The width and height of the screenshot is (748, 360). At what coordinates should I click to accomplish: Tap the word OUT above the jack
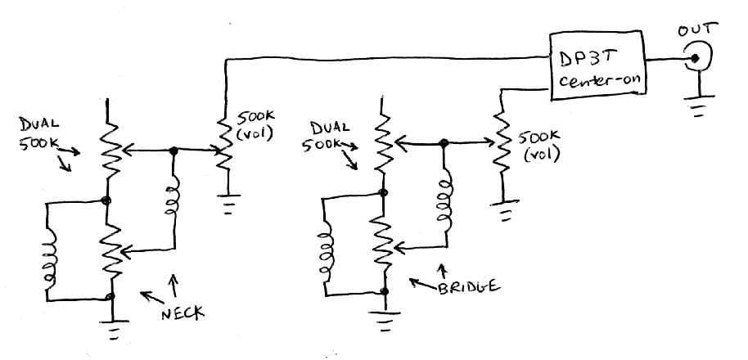coord(697,29)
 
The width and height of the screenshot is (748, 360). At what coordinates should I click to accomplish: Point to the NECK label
coord(182,313)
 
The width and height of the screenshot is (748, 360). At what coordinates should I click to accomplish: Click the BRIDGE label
coord(468,286)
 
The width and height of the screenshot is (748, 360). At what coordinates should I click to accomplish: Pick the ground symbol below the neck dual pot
coord(114,329)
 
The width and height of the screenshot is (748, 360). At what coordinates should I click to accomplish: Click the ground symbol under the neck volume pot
coord(228,203)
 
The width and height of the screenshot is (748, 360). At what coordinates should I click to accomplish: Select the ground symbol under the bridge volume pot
coord(504,210)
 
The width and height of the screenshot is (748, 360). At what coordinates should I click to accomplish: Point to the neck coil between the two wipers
coord(173,196)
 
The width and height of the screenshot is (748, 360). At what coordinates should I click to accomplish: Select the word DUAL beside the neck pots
coord(39,124)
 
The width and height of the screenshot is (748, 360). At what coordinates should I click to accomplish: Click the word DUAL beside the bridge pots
coord(330,128)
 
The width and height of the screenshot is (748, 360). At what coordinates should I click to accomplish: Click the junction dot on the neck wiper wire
coord(173,151)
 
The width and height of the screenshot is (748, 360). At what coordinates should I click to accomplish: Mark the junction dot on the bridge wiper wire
coord(444,142)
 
